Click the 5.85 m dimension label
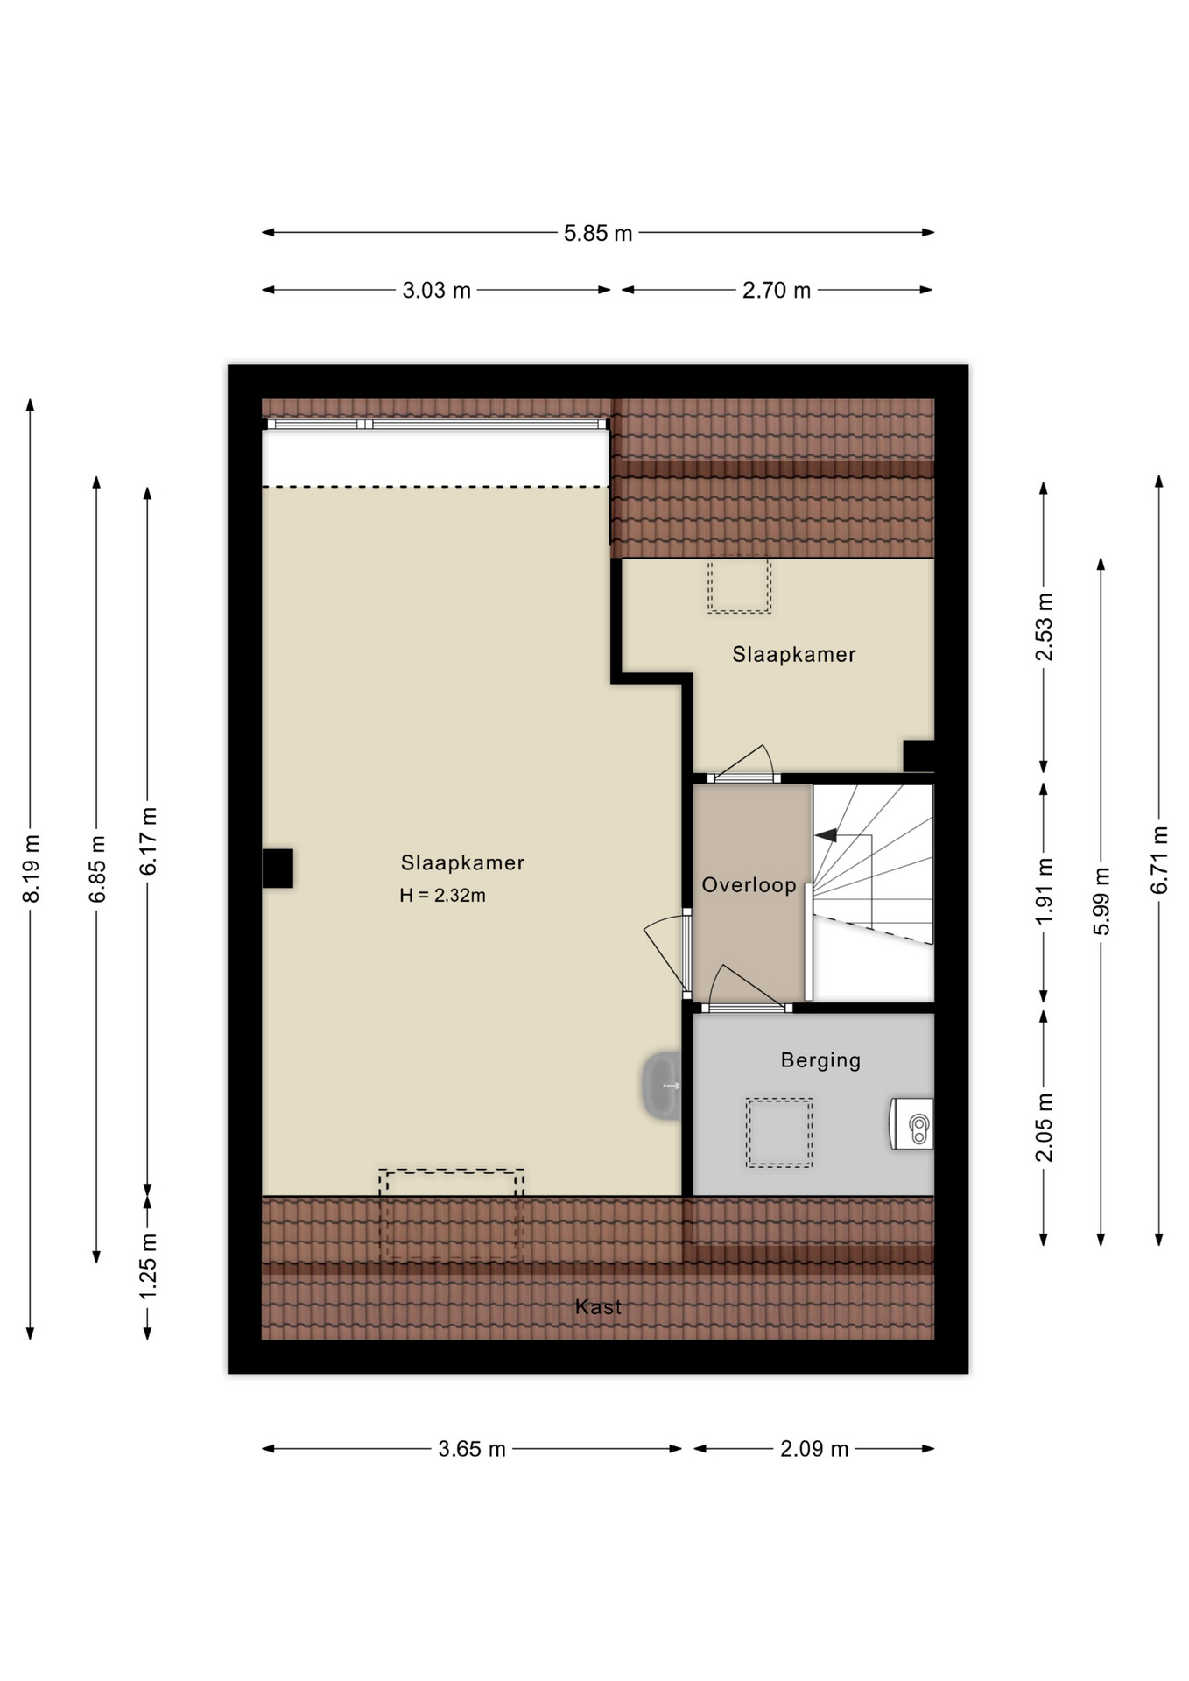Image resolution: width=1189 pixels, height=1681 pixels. tap(597, 234)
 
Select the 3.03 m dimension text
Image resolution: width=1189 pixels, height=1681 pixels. tap(436, 291)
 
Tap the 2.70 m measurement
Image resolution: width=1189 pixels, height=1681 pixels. tap(776, 291)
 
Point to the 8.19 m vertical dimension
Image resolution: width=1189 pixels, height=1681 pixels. tap(31, 868)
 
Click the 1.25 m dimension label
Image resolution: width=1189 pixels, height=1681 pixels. tap(148, 1266)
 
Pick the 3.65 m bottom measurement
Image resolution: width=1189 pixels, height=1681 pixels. tap(472, 1449)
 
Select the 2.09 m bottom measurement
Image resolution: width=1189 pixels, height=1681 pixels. tap(814, 1449)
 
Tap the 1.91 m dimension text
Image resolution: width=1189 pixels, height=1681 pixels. tap(1044, 890)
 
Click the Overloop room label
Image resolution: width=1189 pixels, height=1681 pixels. tap(749, 885)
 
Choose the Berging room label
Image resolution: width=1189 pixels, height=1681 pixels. tap(820, 1060)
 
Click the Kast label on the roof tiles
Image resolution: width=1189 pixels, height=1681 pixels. tap(598, 1307)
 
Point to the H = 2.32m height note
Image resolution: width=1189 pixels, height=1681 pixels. tap(442, 896)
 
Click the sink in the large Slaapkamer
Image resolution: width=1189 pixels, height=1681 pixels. tap(663, 1086)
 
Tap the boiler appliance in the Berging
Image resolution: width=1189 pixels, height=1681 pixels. tap(912, 1123)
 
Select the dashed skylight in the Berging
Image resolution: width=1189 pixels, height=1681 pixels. tap(778, 1133)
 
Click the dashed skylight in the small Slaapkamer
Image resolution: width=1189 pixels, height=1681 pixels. tap(739, 585)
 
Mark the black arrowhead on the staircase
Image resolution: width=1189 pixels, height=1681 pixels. tap(826, 835)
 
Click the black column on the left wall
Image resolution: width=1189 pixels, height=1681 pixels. tap(278, 869)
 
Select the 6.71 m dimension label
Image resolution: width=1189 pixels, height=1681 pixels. tap(1159, 860)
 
